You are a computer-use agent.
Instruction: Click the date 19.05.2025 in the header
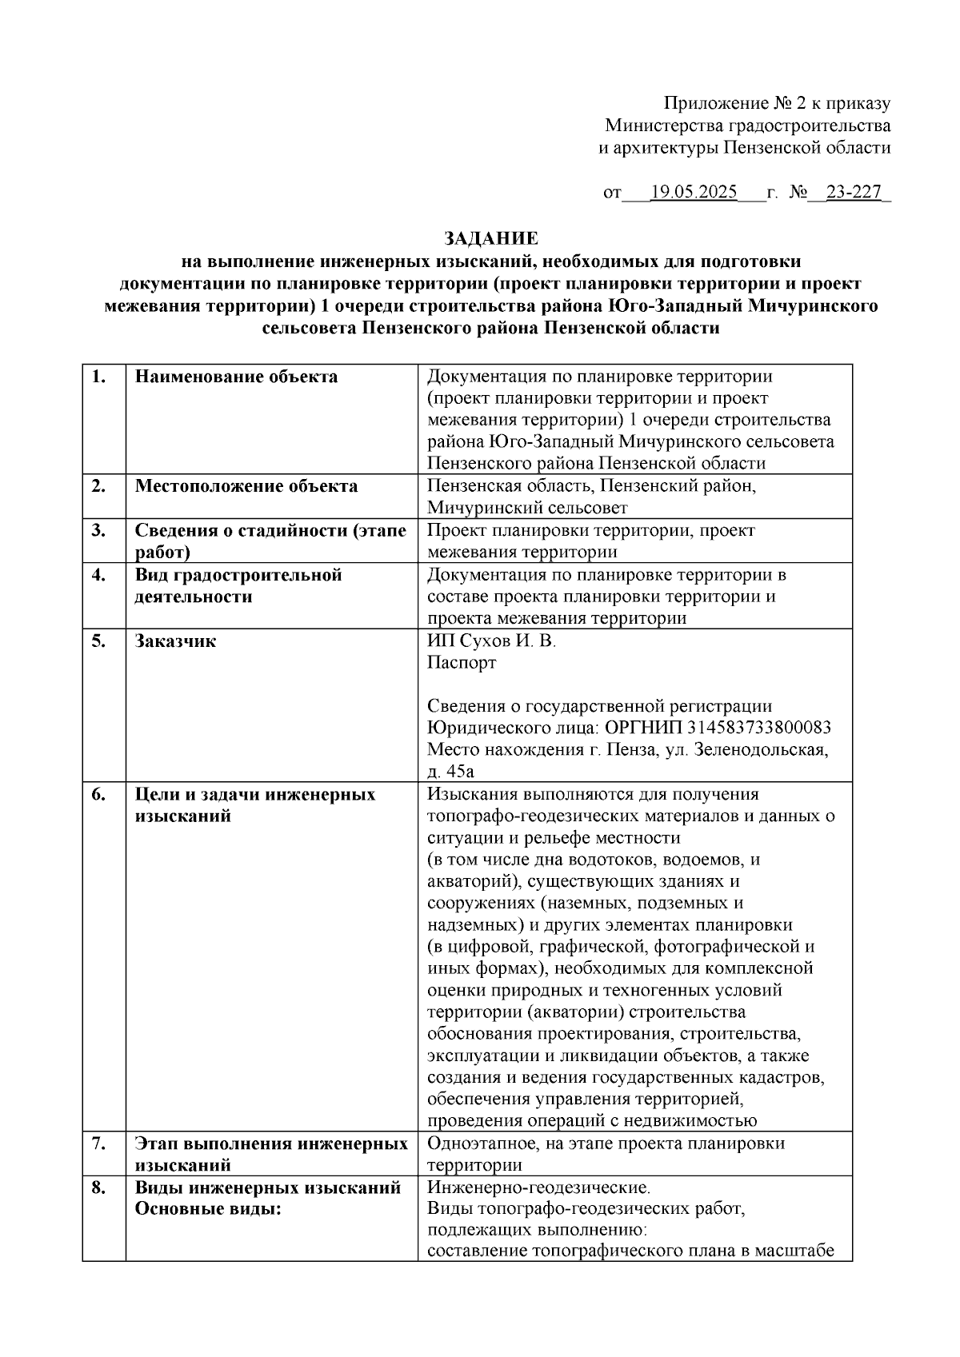pyautogui.click(x=694, y=193)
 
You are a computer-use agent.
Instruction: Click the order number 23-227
pyautogui.click(x=853, y=193)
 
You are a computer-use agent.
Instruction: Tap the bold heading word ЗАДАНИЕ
pyautogui.click(x=491, y=238)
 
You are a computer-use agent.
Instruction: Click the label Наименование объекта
pyautogui.click(x=236, y=377)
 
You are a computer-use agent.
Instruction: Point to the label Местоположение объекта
pyautogui.click(x=246, y=486)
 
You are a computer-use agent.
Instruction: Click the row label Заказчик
pyautogui.click(x=175, y=641)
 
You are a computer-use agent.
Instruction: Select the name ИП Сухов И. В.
pyautogui.click(x=491, y=641)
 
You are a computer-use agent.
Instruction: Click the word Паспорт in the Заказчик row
pyautogui.click(x=462, y=663)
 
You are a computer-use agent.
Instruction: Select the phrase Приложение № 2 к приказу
pyautogui.click(x=777, y=104)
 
